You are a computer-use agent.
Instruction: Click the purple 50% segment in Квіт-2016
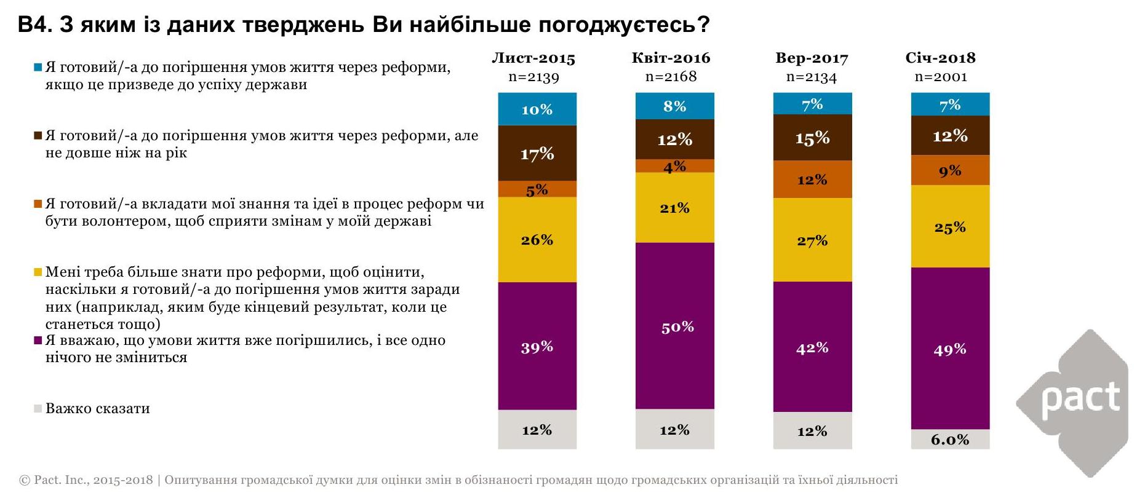675,326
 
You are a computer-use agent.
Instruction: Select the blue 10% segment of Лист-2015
537,109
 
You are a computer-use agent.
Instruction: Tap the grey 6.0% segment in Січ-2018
950,439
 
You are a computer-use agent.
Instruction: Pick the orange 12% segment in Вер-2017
812,180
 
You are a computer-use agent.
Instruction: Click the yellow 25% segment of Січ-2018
950,227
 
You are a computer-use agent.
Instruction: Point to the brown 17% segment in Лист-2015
537,153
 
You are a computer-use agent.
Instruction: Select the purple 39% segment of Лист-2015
537,346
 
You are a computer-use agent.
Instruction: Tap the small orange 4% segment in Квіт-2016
675,166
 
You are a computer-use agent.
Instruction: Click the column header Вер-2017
812,58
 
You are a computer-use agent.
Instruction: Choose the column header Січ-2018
940,58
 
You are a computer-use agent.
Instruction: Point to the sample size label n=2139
533,77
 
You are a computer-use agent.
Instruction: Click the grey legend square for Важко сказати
38,408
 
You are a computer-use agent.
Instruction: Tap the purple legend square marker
38,340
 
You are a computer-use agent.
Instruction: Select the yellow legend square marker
38,272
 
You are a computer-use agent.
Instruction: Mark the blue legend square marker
38,67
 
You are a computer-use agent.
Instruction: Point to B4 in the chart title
33,25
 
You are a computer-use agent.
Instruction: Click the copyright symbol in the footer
25,480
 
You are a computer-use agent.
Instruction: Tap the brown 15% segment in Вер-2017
812,138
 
